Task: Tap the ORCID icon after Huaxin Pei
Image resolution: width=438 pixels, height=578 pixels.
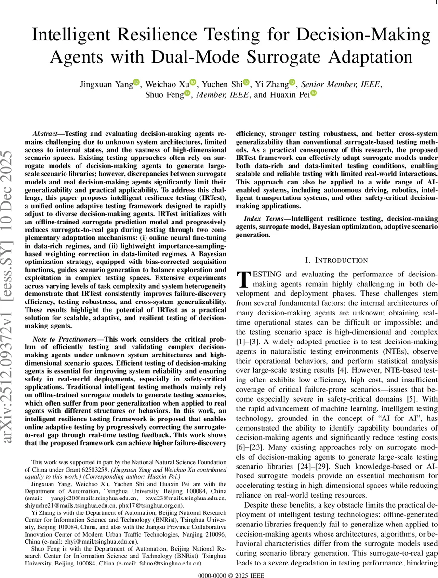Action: coord(313,94)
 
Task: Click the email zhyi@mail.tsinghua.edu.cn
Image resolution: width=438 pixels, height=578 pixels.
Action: coord(98,541)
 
